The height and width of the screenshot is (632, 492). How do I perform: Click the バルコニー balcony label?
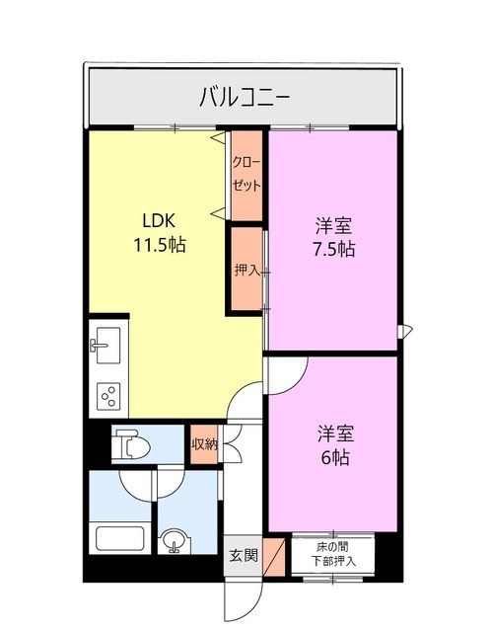coord(244,97)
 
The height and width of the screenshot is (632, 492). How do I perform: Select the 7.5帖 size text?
coord(334,249)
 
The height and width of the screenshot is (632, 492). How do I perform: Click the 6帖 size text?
coord(334,457)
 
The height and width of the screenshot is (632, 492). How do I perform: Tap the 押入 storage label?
coord(246,270)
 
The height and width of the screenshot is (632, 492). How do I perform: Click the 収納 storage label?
coord(204,444)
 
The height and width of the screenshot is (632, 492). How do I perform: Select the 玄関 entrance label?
coord(244,556)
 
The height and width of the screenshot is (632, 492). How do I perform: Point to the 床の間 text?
coord(332,546)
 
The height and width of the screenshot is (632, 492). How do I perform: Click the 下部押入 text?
coord(332,562)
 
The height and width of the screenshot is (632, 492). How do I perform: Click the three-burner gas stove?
coord(107,397)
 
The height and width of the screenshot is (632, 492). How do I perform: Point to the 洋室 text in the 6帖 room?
coord(334,434)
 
